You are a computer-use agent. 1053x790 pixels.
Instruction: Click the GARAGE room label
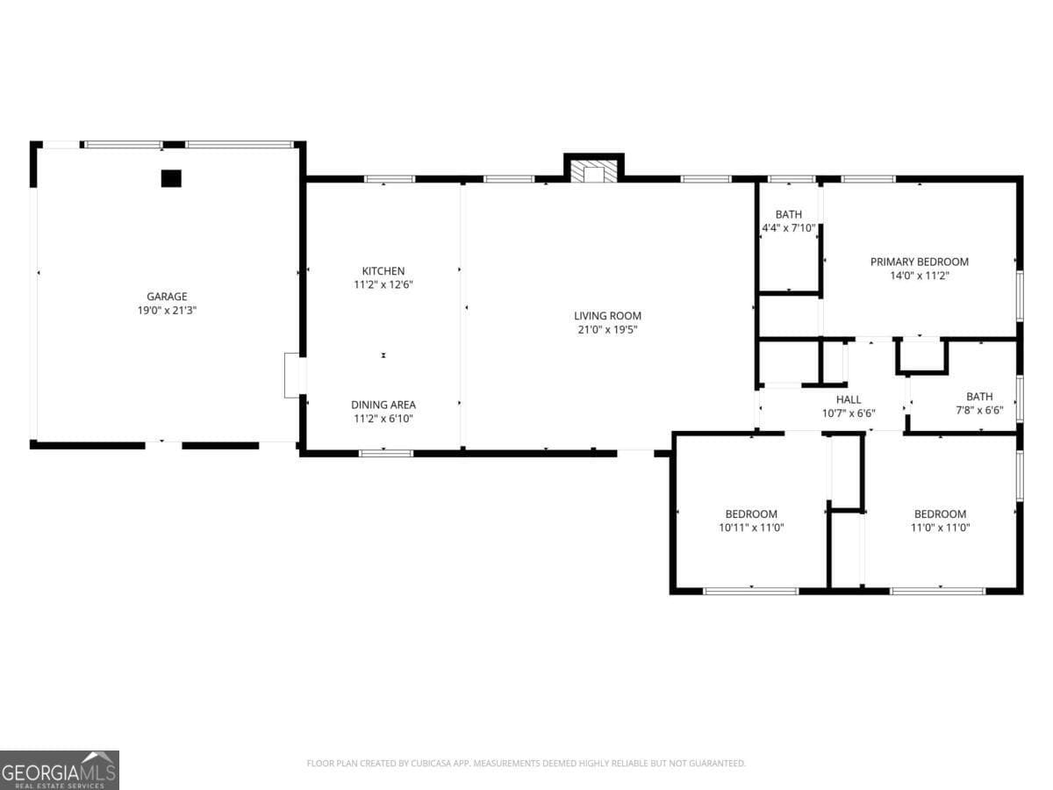point(167,297)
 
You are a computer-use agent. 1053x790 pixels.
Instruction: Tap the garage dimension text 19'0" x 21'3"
point(167,310)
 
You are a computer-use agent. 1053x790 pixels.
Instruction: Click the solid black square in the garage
point(171,178)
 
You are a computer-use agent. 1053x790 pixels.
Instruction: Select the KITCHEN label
point(383,271)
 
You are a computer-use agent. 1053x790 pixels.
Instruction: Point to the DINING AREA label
point(383,405)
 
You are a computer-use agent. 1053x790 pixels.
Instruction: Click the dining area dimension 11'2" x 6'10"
point(383,419)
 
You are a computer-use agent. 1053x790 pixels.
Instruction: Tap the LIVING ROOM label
point(607,316)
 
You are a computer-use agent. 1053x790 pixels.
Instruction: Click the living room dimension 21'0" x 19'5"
point(607,330)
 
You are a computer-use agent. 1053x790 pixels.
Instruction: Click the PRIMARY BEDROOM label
point(919,262)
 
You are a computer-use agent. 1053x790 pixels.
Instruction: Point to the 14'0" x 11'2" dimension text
point(919,276)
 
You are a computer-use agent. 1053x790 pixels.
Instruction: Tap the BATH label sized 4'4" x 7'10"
point(788,214)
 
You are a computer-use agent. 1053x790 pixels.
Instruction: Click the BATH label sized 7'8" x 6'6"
point(979,397)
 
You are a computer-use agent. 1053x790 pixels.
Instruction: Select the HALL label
point(848,399)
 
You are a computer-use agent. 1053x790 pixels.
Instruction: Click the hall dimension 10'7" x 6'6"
point(848,413)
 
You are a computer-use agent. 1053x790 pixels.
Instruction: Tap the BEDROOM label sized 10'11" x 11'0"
point(751,514)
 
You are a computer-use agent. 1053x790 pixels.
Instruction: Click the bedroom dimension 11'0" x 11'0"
point(940,528)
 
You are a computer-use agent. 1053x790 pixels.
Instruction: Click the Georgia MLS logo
point(60,770)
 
